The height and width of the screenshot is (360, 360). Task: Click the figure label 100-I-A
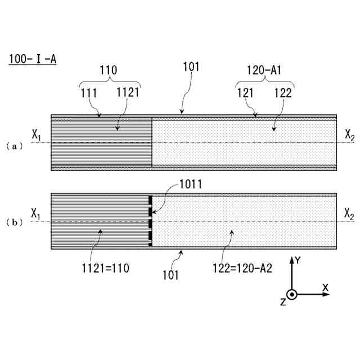33,58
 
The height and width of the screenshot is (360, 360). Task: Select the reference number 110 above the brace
108,70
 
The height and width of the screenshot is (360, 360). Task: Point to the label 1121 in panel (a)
128,93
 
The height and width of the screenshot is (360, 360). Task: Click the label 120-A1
264,70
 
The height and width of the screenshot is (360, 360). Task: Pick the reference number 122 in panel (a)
283,93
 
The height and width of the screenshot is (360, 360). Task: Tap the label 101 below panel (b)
171,275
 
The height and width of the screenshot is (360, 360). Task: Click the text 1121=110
105,268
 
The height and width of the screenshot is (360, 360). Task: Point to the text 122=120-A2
244,268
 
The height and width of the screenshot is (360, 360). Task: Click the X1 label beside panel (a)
37,136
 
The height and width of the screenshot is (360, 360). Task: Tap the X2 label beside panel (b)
349,213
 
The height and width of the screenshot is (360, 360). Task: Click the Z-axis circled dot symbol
292,295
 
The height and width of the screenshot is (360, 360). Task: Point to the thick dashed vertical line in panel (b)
150,220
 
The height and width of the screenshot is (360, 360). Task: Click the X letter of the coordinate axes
326,287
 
